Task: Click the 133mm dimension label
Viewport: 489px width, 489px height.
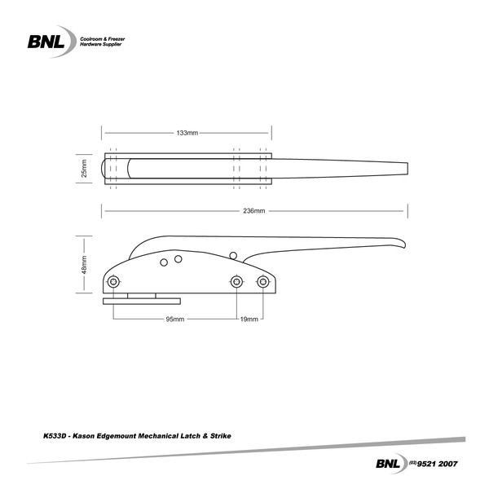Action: (187, 132)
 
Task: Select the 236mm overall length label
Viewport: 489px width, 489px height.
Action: (253, 211)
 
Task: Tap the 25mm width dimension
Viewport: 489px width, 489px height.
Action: (84, 170)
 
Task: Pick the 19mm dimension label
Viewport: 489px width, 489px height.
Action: (249, 319)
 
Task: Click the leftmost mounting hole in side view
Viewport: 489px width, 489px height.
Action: (113, 281)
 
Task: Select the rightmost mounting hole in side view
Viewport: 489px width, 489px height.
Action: (262, 281)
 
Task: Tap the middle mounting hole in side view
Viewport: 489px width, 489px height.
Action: (236, 281)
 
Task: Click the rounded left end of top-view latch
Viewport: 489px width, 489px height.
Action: (103, 170)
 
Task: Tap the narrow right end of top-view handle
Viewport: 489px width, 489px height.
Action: (403, 169)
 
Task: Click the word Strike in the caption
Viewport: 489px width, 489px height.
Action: (221, 436)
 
